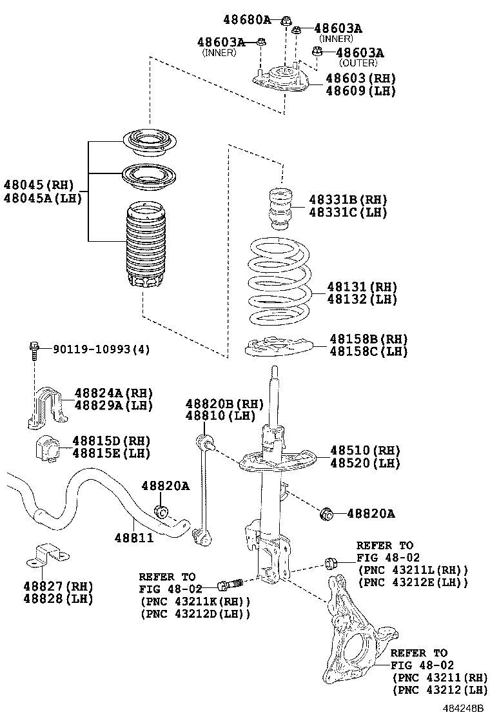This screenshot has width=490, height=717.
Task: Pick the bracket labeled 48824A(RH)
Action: [x=47, y=405]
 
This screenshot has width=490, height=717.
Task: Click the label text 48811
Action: [x=134, y=537]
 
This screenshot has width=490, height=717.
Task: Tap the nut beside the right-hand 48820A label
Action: [x=327, y=513]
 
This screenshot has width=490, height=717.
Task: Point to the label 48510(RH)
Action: [x=365, y=450]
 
